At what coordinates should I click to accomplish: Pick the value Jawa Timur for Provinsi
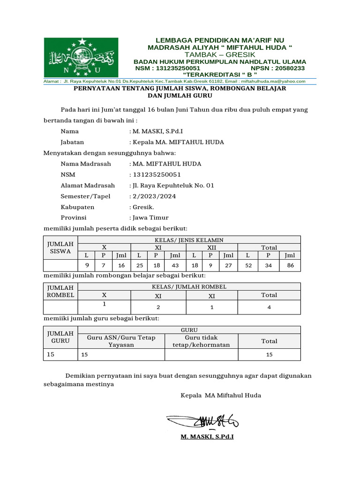(x=150, y=217)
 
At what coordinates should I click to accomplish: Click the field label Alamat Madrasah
(x=88, y=185)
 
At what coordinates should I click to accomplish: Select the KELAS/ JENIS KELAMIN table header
(x=189, y=240)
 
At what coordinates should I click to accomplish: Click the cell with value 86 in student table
(x=290, y=265)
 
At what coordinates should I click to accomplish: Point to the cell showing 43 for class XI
(x=175, y=265)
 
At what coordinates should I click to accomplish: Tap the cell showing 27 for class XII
(x=228, y=265)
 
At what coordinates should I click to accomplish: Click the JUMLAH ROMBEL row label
(x=60, y=291)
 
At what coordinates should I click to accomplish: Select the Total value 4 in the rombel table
(x=269, y=307)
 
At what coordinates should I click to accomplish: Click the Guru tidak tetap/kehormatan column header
(x=201, y=341)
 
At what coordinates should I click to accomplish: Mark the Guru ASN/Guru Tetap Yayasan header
(x=121, y=341)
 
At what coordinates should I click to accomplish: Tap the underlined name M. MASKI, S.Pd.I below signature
(x=207, y=437)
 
